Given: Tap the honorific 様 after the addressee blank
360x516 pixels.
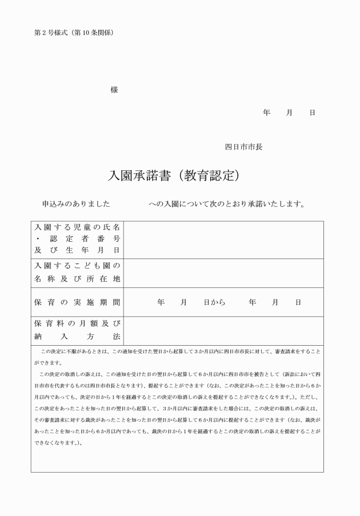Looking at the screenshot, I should pos(114,90).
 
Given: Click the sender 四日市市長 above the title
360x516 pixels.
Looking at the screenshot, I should pos(243,147).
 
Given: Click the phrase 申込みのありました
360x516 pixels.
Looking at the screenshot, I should pos(76,203).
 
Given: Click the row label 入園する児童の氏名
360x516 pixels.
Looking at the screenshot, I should pos(77,228).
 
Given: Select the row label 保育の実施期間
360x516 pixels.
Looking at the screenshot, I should pos(77,302).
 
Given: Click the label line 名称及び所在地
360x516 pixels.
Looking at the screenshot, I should pos(77,279).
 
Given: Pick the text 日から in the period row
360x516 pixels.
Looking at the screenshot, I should pos(215,302).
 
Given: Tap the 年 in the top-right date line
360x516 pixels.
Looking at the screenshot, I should pos(266,113).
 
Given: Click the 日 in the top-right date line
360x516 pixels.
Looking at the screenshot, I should pos(312,113).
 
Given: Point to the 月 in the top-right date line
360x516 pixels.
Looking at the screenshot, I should pos(289,113).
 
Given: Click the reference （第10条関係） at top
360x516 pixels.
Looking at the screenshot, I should pos(95,33).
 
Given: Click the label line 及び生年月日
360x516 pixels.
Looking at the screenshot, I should pos(77,250).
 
